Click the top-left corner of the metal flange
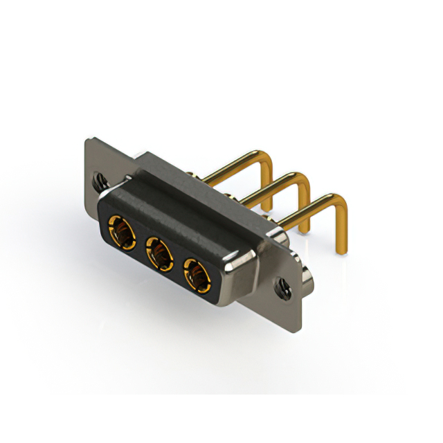point(87,141)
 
